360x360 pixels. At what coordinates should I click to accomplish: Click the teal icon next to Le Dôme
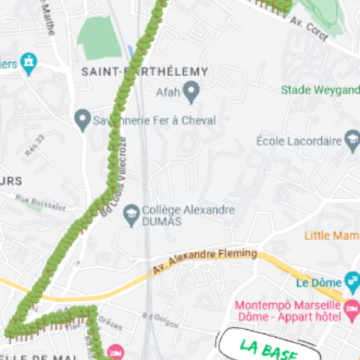tap(351, 283)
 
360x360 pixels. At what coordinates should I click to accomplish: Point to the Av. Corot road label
tap(307, 30)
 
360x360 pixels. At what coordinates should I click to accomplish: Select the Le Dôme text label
tap(318, 283)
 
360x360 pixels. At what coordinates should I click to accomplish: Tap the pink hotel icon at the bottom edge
tap(115, 352)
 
